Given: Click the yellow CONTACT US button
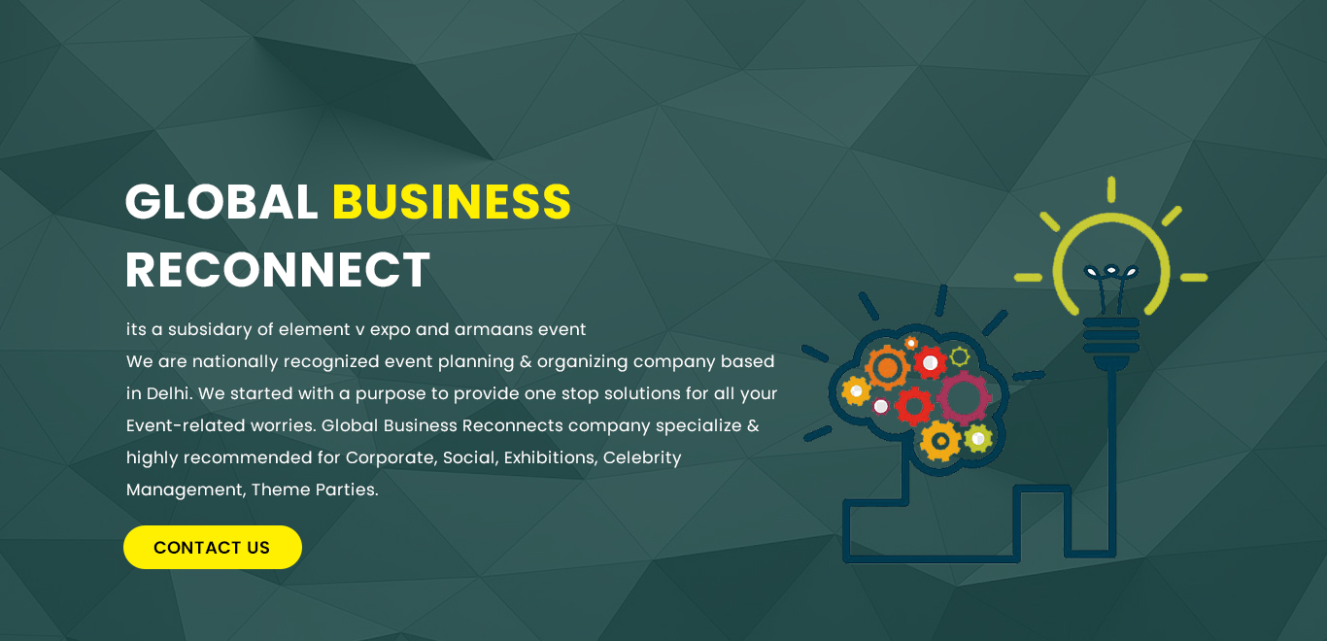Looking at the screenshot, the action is [212, 547].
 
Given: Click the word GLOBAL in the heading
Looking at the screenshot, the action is [221, 201].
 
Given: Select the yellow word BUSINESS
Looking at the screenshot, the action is [452, 201].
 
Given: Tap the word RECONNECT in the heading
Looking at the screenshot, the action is [277, 270].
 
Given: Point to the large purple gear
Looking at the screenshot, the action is [964, 398].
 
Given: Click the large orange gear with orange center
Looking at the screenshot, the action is [887, 367].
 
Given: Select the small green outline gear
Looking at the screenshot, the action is [959, 356].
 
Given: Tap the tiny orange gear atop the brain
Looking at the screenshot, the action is [911, 343].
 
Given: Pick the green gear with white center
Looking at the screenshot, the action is [978, 439].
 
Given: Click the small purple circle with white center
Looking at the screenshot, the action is [881, 406].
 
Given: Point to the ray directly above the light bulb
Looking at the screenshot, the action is [1111, 189].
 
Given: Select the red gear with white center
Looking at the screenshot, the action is [930, 362].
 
